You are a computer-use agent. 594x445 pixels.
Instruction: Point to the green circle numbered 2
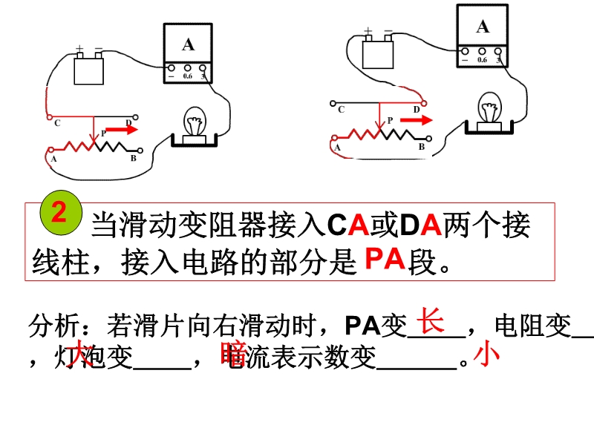[59, 215]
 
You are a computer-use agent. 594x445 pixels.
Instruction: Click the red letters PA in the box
[384, 259]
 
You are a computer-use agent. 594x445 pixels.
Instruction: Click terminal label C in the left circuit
[57, 123]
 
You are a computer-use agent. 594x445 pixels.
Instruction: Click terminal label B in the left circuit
[132, 158]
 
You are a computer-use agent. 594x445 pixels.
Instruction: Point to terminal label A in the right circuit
[338, 148]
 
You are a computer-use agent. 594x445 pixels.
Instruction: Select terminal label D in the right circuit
[417, 109]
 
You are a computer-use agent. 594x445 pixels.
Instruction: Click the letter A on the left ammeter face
[188, 44]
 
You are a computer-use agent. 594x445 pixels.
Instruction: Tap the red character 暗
[232, 355]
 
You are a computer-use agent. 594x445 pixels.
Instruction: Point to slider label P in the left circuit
[103, 131]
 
